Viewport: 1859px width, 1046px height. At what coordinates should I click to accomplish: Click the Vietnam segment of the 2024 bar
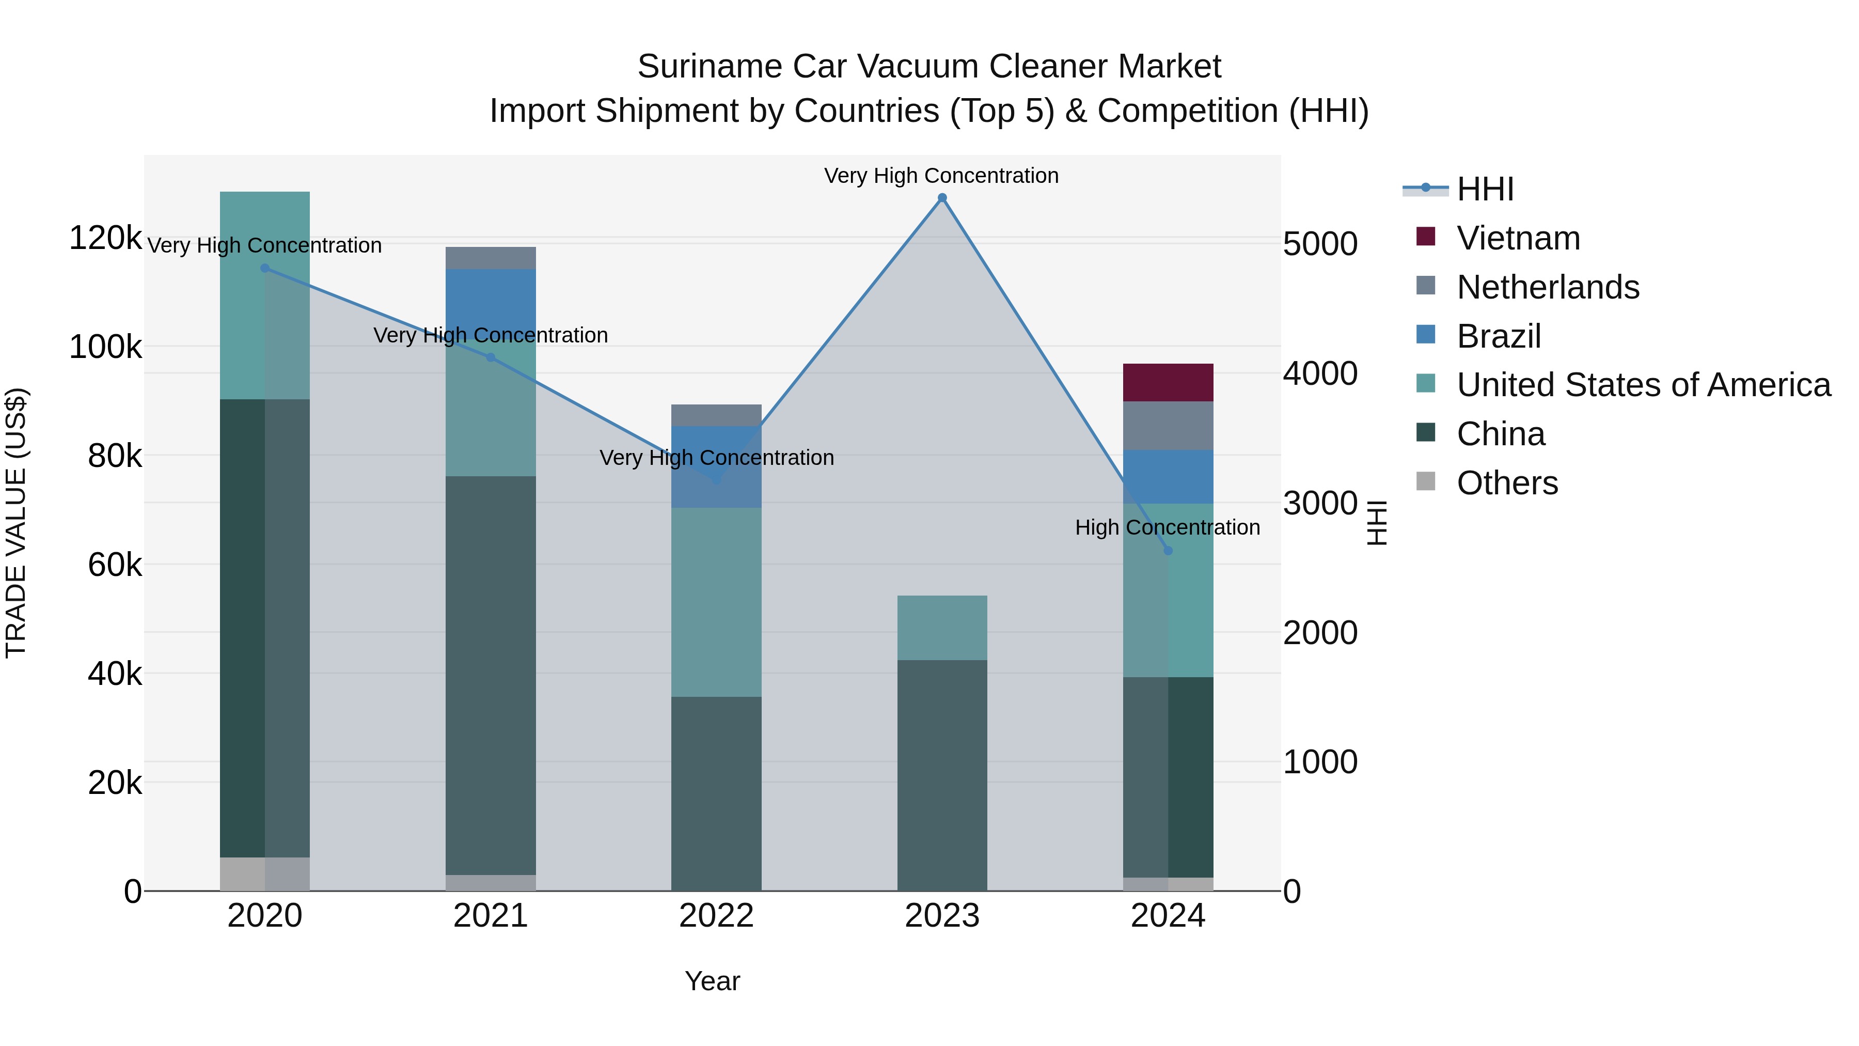coord(1168,383)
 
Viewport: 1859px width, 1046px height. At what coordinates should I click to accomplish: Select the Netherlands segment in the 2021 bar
coord(491,258)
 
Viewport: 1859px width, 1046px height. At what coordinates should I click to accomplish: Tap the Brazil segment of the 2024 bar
coord(1168,476)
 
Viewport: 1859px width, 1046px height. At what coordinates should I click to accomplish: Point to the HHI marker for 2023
coord(942,198)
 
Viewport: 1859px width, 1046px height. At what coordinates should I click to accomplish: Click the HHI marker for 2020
coord(265,268)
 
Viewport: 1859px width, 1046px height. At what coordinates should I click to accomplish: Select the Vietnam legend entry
coord(1518,238)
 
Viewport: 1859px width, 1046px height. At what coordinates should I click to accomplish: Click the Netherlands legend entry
coord(1547,287)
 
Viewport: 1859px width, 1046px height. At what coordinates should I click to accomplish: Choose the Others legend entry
coord(1507,483)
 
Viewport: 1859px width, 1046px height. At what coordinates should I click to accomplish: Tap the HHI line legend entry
coord(1485,189)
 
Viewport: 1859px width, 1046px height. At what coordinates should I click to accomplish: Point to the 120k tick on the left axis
coord(105,238)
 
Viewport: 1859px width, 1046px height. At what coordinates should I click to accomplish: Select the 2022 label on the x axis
coord(716,916)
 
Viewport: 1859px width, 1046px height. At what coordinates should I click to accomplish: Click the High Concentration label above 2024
coord(1167,528)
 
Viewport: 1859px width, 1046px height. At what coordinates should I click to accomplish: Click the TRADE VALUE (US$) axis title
coord(17,523)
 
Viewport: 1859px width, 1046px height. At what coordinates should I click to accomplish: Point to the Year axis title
coord(712,981)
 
